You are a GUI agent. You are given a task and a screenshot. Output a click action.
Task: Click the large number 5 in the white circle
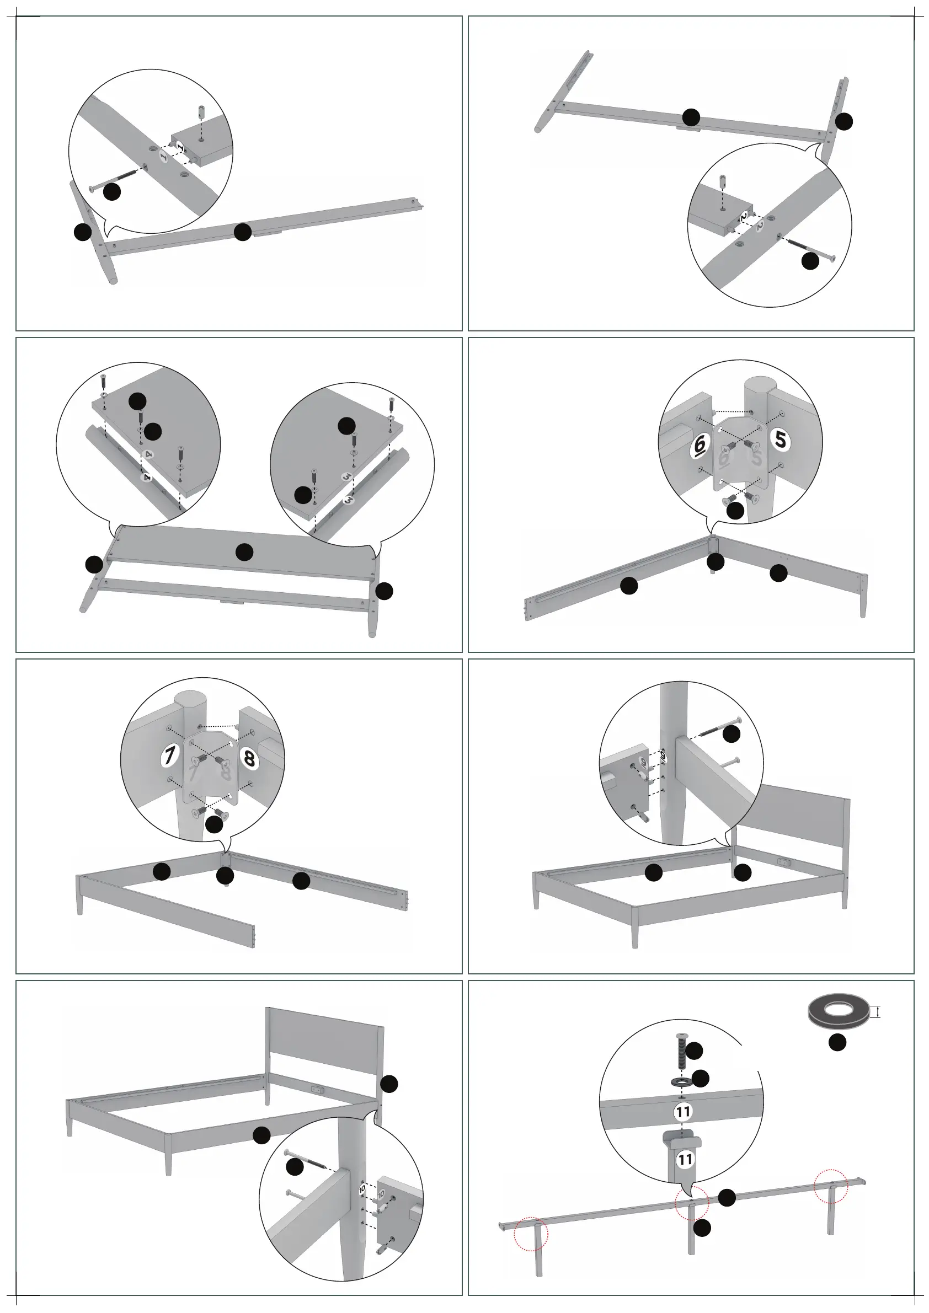(x=781, y=438)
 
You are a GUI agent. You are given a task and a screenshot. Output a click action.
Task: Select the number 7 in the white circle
(x=169, y=756)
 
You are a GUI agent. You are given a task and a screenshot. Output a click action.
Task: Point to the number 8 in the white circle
(x=249, y=759)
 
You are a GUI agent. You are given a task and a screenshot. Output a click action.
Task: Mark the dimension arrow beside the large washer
(x=878, y=1013)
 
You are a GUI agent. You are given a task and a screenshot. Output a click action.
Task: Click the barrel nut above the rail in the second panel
(x=723, y=184)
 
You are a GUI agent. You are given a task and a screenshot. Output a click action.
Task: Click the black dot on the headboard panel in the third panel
(x=244, y=551)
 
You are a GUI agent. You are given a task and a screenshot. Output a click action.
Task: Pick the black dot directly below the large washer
(x=837, y=1042)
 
